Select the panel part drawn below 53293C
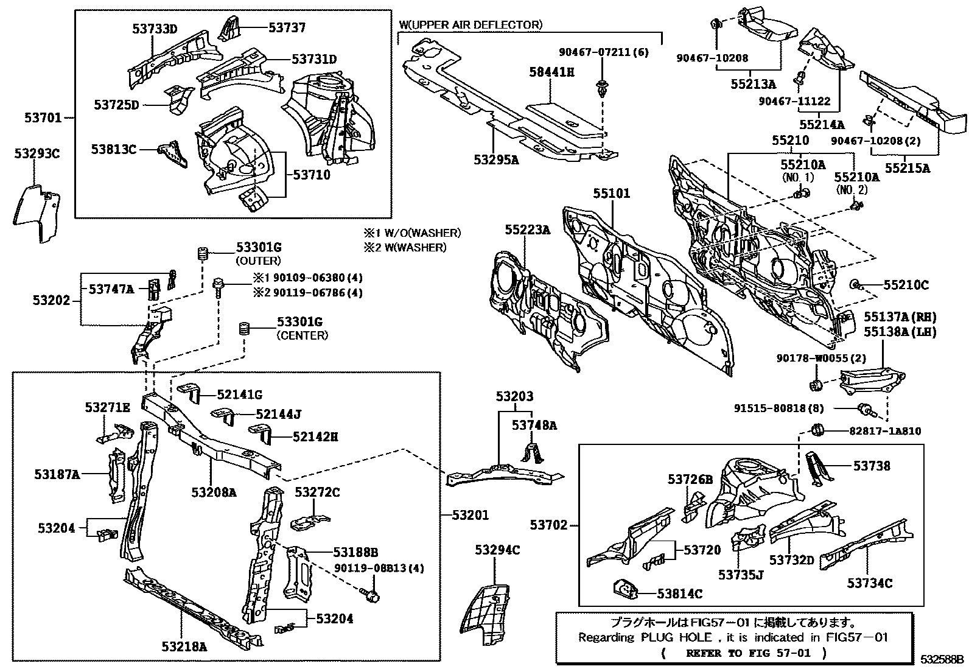point(37,213)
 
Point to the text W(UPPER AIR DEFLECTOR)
point(470,25)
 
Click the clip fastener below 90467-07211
point(603,88)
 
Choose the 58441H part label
point(552,72)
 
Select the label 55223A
point(527,229)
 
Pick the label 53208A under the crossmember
point(213,492)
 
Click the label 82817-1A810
point(885,431)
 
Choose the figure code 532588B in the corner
point(942,659)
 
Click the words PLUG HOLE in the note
point(675,637)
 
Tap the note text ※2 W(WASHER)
point(405,247)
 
